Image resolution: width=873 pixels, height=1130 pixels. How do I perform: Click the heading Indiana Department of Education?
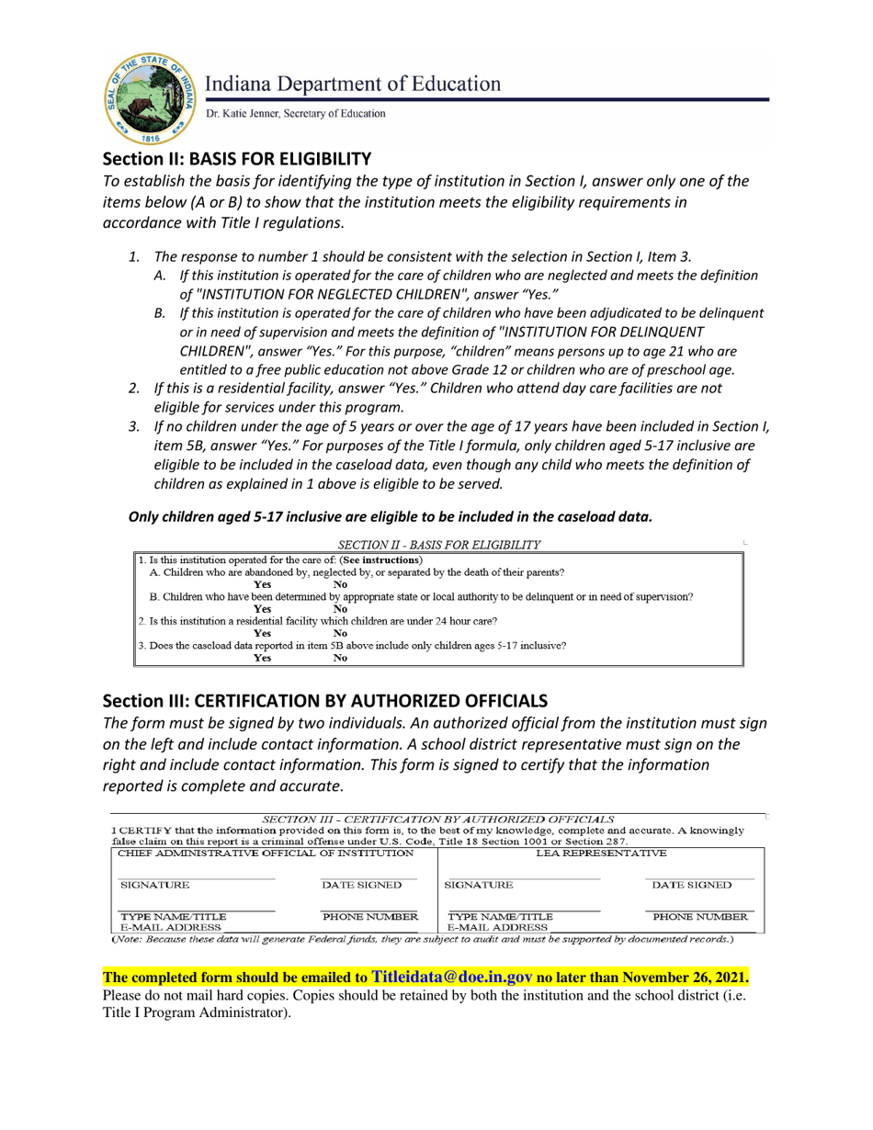pyautogui.click(x=353, y=85)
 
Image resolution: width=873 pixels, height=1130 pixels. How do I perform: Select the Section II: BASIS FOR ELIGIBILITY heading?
pyautogui.click(x=237, y=157)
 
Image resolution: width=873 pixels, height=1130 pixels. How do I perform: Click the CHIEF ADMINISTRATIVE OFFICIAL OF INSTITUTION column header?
pyautogui.click(x=261, y=853)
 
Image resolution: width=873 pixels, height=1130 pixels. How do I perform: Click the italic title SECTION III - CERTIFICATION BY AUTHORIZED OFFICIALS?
pyautogui.click(x=438, y=818)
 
